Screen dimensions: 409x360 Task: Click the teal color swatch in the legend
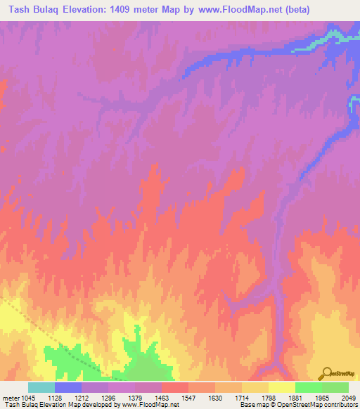pyautogui.click(x=41, y=387)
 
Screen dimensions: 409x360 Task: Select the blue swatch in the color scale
pyautogui.click(x=68, y=387)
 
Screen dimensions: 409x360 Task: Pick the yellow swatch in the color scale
pyautogui.click(x=282, y=387)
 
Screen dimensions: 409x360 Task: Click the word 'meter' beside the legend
pyautogui.click(x=9, y=398)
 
